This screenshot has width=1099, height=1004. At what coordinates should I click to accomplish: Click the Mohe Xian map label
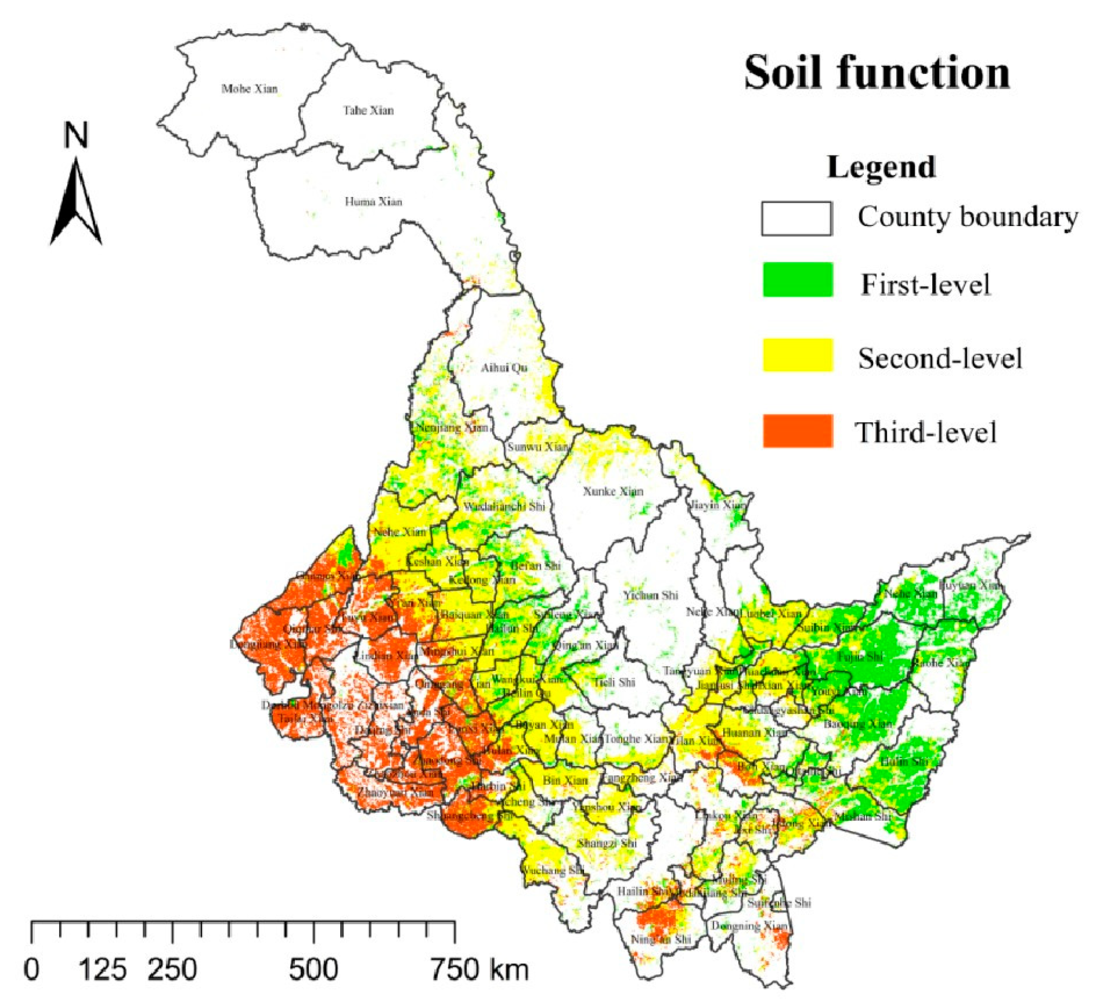pyautogui.click(x=249, y=88)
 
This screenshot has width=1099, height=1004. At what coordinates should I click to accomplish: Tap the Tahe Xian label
pyautogui.click(x=368, y=111)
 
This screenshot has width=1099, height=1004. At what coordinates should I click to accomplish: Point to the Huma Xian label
pyautogui.click(x=373, y=202)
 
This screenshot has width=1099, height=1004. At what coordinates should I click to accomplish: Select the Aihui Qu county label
pyautogui.click(x=504, y=368)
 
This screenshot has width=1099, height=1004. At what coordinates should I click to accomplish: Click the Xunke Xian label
pyautogui.click(x=614, y=491)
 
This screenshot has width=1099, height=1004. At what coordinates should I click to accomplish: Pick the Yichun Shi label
pyautogui.click(x=651, y=595)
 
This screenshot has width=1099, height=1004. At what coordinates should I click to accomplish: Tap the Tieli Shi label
pyautogui.click(x=615, y=682)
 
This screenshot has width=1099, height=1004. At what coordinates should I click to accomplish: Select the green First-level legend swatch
pyautogui.click(x=798, y=280)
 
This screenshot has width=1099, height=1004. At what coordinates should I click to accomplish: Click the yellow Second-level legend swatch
pyautogui.click(x=798, y=355)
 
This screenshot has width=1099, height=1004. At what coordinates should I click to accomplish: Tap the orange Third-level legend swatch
pyautogui.click(x=798, y=431)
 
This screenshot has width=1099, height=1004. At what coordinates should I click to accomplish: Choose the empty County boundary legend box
pyautogui.click(x=797, y=219)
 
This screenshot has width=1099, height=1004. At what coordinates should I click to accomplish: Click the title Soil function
pyautogui.click(x=877, y=73)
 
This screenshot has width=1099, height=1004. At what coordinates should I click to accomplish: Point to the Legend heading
pyautogui.click(x=881, y=167)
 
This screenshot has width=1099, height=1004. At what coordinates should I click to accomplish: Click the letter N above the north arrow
pyautogui.click(x=76, y=135)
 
